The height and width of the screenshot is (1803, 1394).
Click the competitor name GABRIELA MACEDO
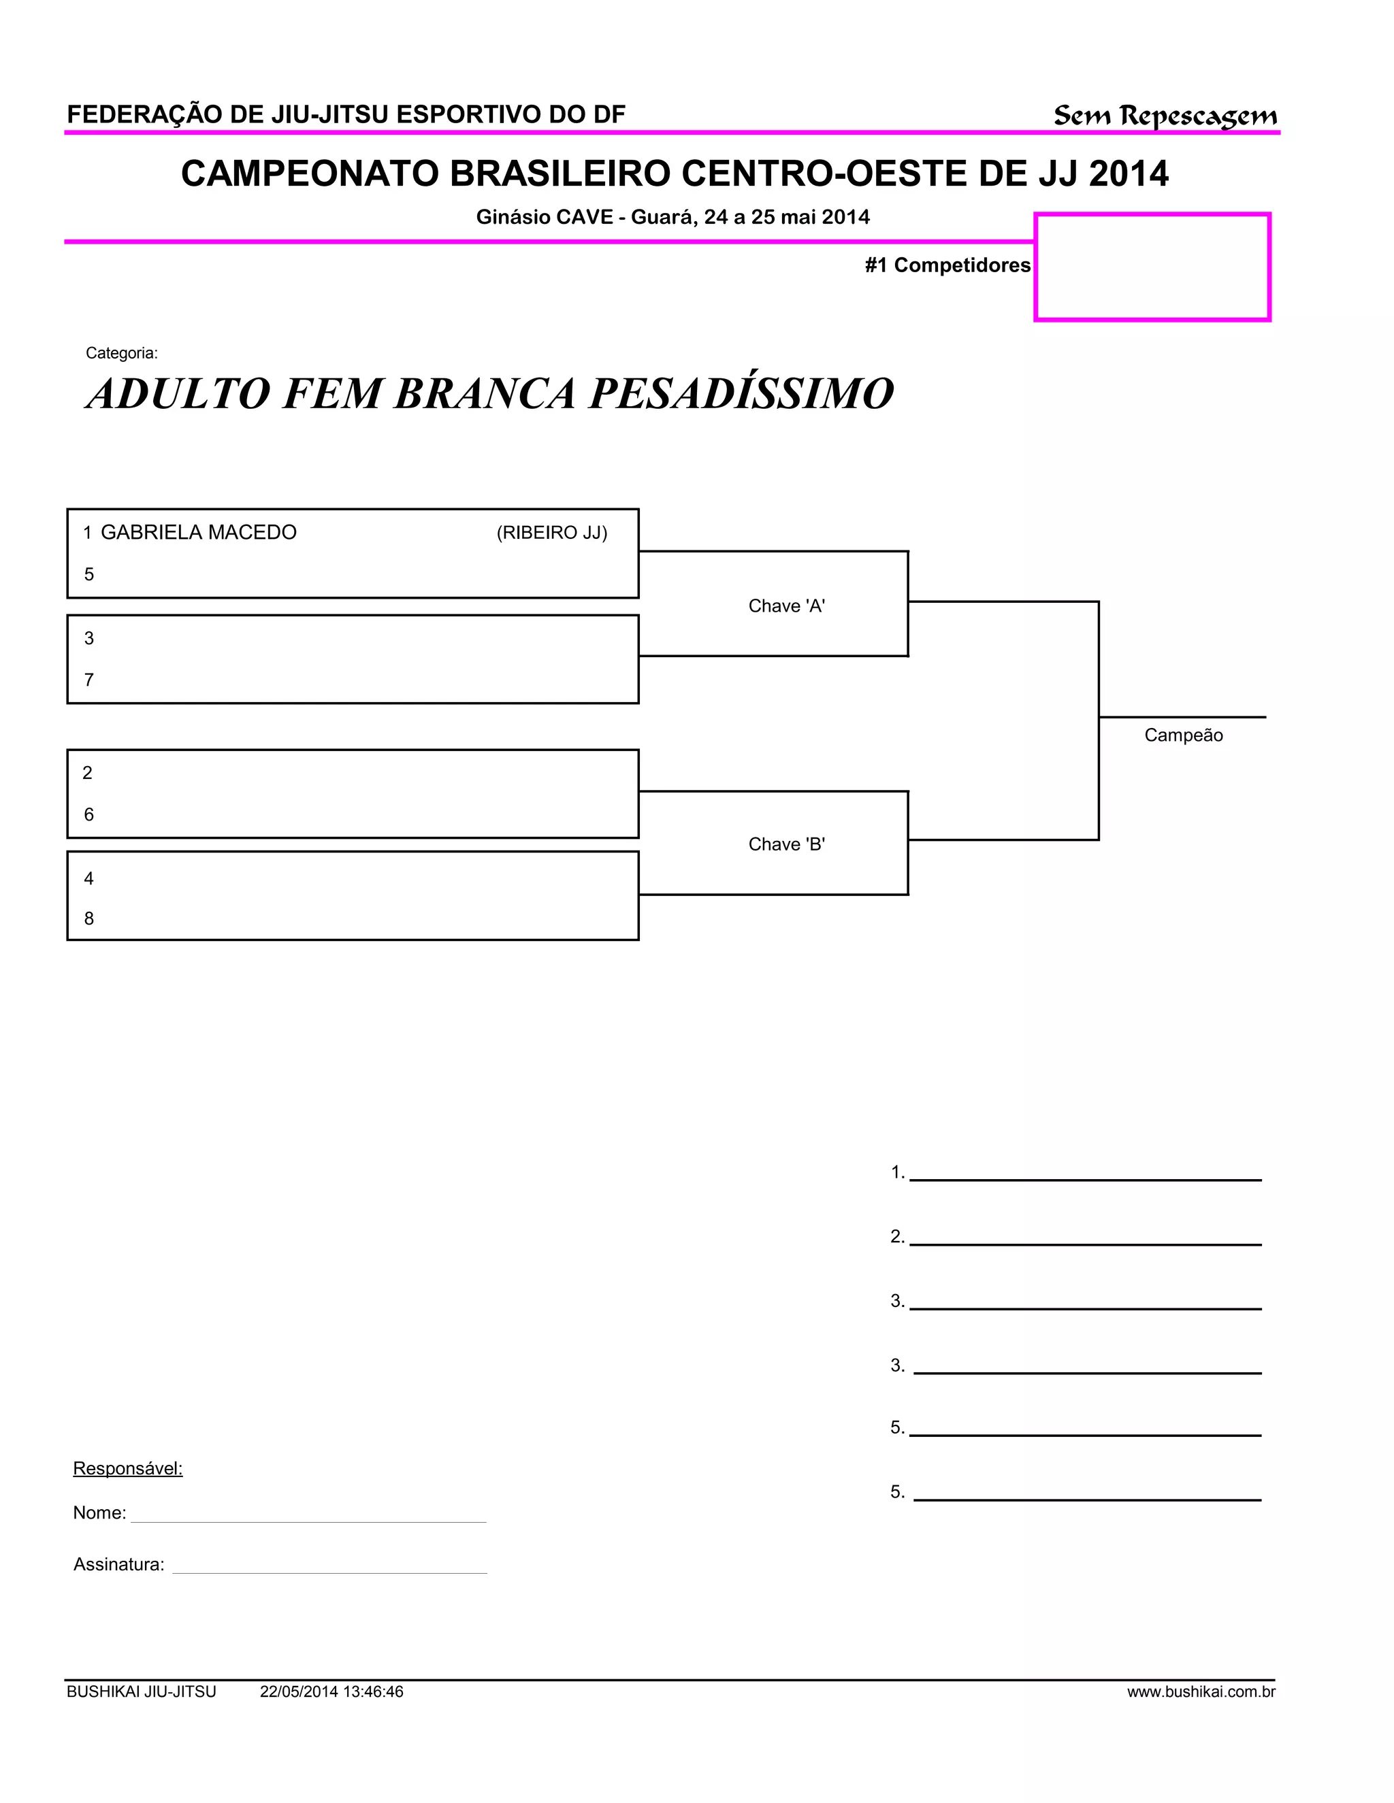[198, 533]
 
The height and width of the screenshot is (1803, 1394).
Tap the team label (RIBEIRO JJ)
[551, 533]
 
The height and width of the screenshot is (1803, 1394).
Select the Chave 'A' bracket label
[786, 606]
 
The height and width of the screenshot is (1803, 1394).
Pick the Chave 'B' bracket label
[786, 844]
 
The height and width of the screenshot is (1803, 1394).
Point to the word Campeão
[1182, 735]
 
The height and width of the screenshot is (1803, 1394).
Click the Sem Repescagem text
[1165, 116]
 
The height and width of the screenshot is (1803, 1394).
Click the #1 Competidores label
[947, 265]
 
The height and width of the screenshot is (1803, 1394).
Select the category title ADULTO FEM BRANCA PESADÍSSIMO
[489, 393]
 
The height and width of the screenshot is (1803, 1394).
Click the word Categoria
[121, 353]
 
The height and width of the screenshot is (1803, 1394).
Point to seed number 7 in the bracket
[89, 680]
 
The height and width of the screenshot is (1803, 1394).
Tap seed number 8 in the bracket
[89, 919]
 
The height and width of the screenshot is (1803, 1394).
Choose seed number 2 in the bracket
[88, 773]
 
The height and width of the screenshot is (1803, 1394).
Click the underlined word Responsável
[128, 1468]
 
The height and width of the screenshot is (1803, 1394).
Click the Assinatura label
[119, 1564]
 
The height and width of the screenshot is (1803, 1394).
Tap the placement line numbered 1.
[1084, 1174]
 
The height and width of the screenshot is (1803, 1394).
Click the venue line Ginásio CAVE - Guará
[672, 217]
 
